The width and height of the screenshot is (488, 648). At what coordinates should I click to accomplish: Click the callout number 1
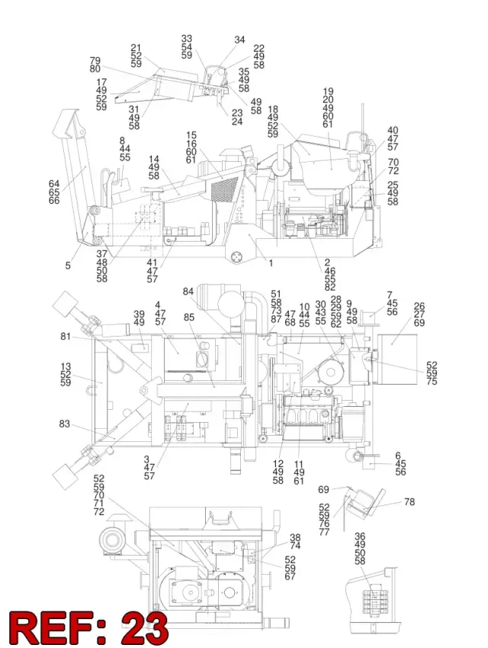point(271,263)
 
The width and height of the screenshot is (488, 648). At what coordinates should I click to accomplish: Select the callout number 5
point(68,266)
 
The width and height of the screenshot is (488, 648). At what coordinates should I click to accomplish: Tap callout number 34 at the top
point(239,40)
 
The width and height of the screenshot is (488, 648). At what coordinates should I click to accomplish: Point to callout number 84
point(188,292)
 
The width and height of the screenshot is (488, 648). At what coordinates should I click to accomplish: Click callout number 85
point(189,318)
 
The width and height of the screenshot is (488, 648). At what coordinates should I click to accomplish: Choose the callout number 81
point(66,337)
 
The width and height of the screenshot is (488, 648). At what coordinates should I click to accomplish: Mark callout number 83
point(64,424)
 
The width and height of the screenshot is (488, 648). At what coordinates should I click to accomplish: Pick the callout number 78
point(409,501)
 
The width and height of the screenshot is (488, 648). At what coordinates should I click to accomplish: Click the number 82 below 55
point(330,287)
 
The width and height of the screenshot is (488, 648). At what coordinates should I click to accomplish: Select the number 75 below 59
point(432,382)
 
